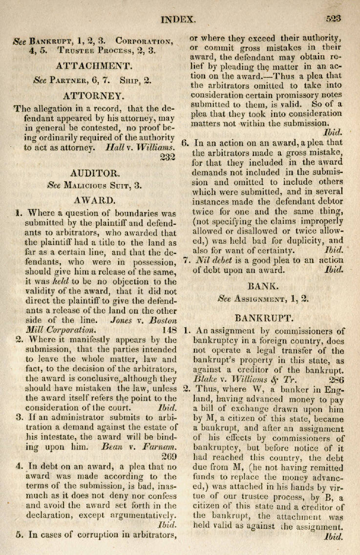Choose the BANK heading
tap(264, 285)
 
